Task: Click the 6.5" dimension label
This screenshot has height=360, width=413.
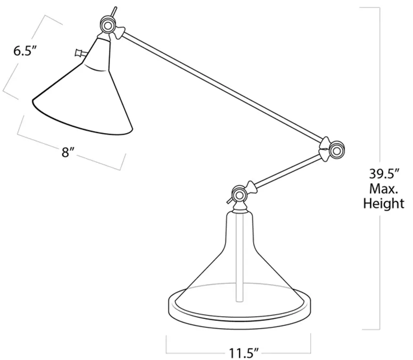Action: point(25,51)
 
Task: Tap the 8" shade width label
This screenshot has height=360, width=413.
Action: point(68,152)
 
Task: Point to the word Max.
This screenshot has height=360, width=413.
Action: point(383,189)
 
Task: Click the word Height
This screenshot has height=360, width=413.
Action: point(384,204)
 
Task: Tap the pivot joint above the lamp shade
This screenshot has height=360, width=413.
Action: point(108,25)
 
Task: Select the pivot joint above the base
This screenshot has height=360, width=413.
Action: point(240,195)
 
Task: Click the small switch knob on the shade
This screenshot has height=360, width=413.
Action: point(79,53)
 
